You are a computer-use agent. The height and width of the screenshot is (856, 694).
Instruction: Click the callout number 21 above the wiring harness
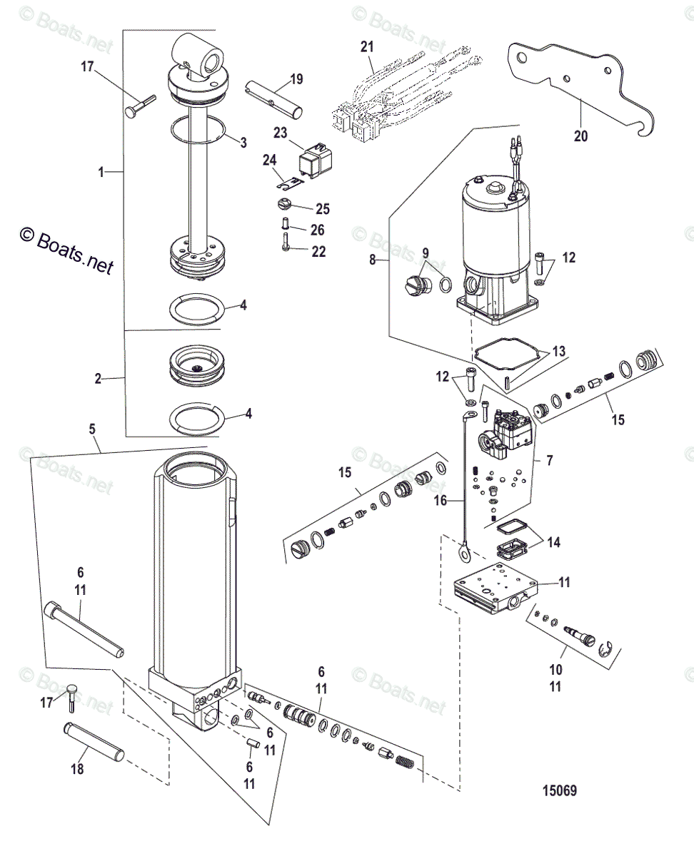click(367, 46)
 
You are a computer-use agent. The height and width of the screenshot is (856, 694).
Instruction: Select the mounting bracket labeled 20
click(564, 78)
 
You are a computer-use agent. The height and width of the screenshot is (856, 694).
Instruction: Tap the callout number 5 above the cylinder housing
click(92, 430)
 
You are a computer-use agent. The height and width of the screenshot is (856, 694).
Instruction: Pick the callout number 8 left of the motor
click(373, 260)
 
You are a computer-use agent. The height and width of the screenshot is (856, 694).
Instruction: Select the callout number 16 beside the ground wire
click(441, 501)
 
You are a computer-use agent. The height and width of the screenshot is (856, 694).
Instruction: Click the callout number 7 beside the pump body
click(549, 462)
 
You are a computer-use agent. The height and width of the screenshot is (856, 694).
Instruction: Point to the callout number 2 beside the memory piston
click(98, 378)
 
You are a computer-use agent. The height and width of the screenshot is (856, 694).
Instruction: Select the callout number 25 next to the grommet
click(323, 209)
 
